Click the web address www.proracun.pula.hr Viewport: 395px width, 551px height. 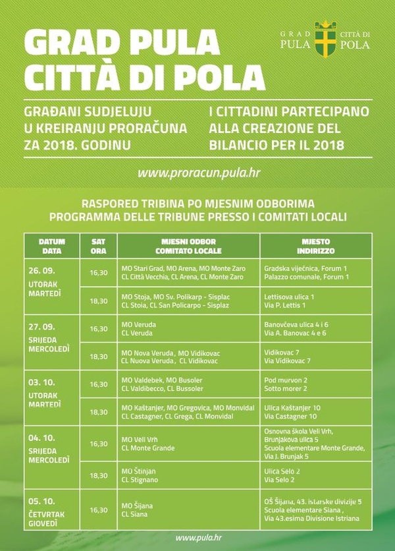197,173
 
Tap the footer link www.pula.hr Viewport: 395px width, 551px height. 197,538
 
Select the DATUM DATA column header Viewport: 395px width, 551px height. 51,246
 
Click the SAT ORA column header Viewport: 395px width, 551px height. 98,246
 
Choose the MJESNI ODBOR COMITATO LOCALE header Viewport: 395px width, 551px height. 188,246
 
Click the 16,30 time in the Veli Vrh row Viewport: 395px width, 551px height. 98,444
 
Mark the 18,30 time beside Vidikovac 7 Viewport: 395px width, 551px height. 98,356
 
